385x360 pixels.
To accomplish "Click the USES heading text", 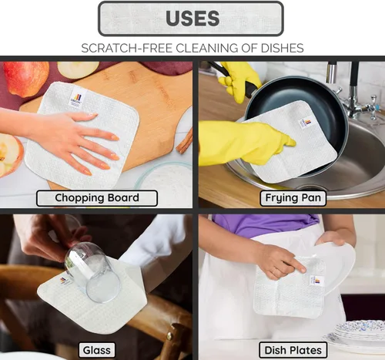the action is [x=192, y=19].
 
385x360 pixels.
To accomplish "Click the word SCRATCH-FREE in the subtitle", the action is [x=126, y=48].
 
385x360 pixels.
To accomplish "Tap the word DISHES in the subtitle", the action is [x=282, y=48].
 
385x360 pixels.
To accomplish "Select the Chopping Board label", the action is [x=97, y=198].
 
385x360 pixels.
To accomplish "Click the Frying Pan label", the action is [x=293, y=198].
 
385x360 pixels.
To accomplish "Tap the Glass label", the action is [x=97, y=350].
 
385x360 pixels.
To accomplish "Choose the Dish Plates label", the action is [x=293, y=350].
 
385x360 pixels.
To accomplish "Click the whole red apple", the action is [x=25, y=79].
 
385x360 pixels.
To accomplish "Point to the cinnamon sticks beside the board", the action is [x=185, y=141].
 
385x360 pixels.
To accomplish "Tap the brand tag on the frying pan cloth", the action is [x=306, y=123].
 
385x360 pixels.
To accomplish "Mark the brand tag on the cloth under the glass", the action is [x=64, y=281].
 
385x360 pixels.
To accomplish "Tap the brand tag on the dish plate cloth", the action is [x=316, y=281].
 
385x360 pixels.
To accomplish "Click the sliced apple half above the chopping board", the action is [x=78, y=69].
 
